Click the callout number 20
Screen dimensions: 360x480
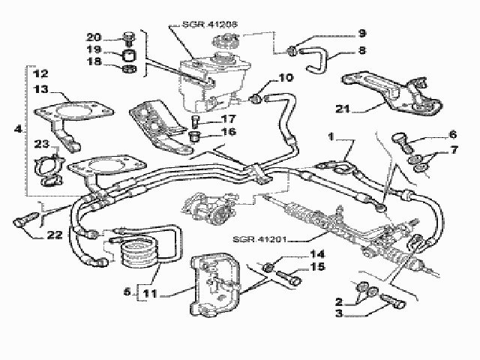tap(94, 37)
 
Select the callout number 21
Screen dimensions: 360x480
tap(343, 109)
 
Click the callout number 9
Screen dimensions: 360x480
tap(361, 33)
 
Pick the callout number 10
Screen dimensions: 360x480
tap(286, 77)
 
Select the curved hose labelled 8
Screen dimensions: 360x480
tap(318, 61)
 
